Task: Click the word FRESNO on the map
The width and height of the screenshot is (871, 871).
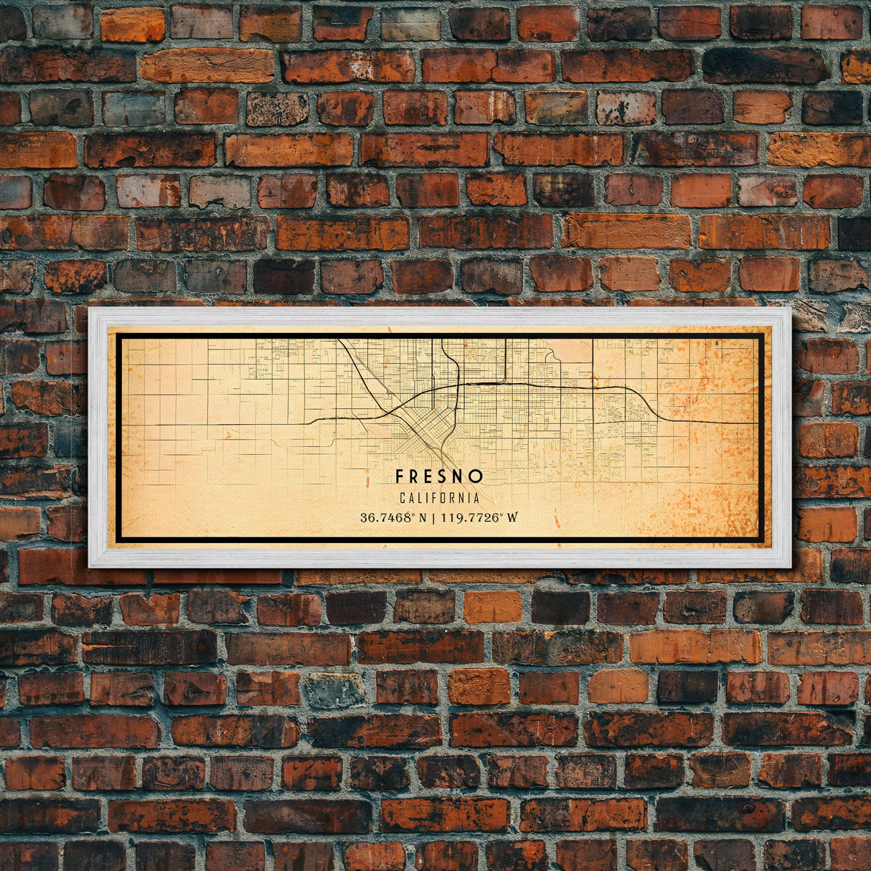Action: coord(439,476)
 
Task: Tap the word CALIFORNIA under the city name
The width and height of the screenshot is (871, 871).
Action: coord(439,498)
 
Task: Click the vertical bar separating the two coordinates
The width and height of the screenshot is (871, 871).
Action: coord(435,517)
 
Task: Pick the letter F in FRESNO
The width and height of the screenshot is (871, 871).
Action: coord(399,476)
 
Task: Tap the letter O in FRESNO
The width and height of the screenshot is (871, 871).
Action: coord(478,476)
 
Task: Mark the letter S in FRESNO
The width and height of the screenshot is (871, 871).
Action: coord(439,476)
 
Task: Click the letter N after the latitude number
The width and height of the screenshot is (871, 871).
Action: coord(424,517)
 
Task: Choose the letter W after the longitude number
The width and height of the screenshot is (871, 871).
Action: coord(512,517)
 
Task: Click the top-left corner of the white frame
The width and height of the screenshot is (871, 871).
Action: coord(90,309)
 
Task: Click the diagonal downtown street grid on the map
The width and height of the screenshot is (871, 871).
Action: coord(423,430)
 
